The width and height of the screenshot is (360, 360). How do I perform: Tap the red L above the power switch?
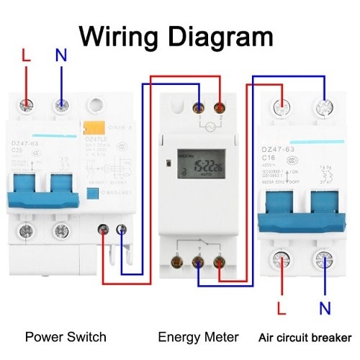point(27,55)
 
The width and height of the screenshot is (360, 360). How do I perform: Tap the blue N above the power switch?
point(60,55)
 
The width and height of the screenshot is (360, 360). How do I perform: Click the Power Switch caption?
point(66,337)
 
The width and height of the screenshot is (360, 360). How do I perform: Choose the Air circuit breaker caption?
point(305,337)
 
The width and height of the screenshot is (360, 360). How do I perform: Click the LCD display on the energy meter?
point(194,165)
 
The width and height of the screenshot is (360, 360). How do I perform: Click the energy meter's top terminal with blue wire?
point(197,107)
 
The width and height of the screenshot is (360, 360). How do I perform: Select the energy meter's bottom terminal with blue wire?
point(197,261)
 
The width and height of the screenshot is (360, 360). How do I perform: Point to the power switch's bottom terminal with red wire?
point(105,230)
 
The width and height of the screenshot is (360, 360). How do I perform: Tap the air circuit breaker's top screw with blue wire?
point(321,108)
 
